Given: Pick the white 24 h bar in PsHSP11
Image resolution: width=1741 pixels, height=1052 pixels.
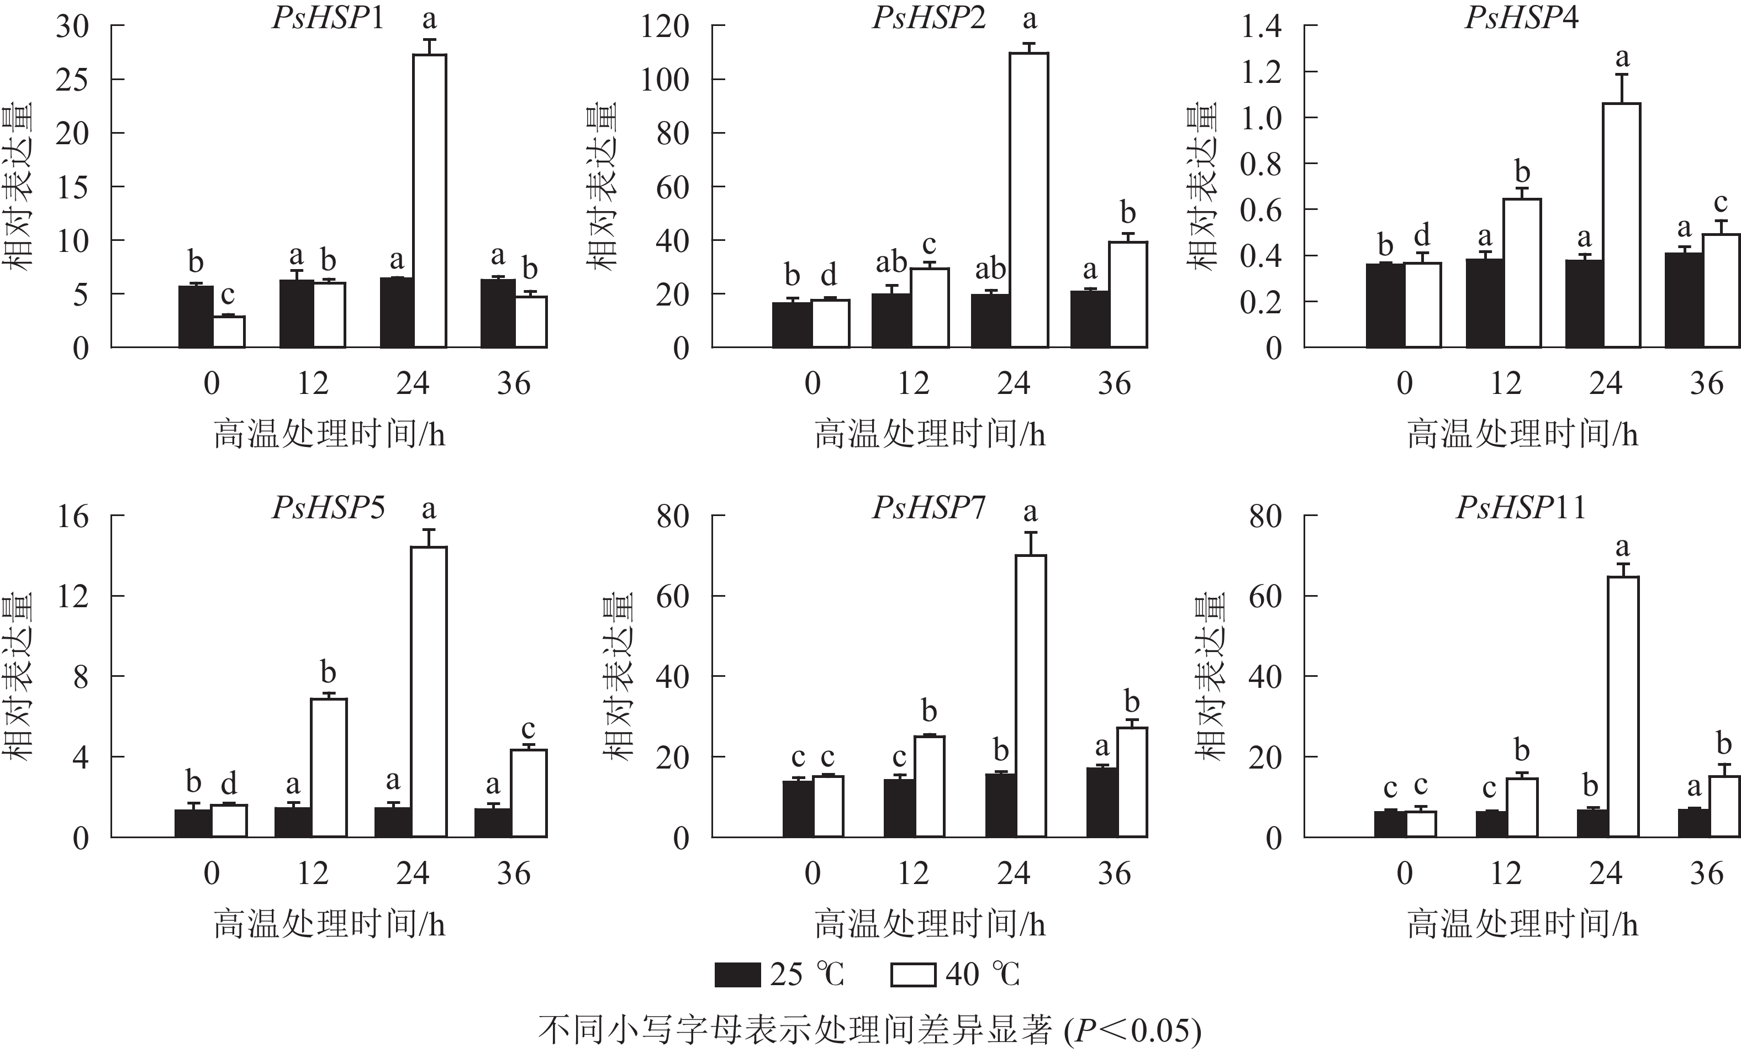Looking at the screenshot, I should (x=1622, y=707).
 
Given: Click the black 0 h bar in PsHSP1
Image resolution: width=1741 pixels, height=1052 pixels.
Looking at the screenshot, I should (x=196, y=316).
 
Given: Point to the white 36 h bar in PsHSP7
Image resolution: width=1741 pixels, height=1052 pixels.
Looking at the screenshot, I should (x=1131, y=782).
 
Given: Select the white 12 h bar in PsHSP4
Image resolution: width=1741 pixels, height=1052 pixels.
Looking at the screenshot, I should (x=1522, y=273).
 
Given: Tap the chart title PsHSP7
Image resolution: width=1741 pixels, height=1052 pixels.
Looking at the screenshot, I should (x=928, y=508).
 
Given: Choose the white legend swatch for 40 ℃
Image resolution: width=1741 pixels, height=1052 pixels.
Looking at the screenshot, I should (x=913, y=974).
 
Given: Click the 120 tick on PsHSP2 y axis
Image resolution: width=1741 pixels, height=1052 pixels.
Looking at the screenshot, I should (x=664, y=27).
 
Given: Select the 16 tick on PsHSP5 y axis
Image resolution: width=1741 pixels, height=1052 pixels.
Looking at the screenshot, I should (x=73, y=517).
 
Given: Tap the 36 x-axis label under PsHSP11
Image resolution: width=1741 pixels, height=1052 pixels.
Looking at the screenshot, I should (x=1706, y=874).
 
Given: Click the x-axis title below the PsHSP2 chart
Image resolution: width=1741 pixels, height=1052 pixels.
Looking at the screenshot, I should (x=929, y=433).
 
